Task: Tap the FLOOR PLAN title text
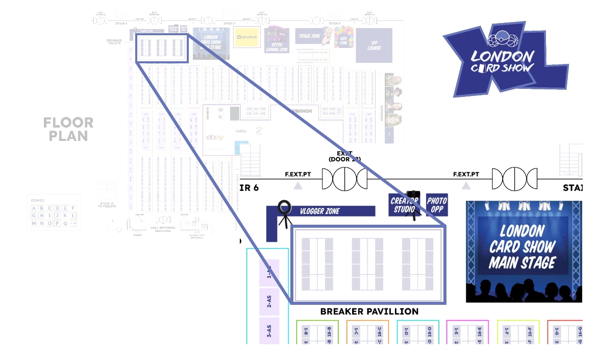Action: [x=68, y=129]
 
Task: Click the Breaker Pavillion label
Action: [x=369, y=311]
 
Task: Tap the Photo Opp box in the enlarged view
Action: [x=437, y=205]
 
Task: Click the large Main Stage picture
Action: [x=523, y=251]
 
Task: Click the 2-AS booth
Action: [x=269, y=302]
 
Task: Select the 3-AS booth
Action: [x=269, y=330]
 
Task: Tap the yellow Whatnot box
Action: [x=247, y=37]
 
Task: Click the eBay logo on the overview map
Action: [x=215, y=137]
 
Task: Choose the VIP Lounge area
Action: [x=374, y=45]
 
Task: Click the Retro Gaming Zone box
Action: [x=277, y=40]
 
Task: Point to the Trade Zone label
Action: [x=309, y=36]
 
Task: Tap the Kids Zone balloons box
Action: [x=344, y=37]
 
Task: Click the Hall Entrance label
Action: [x=163, y=228]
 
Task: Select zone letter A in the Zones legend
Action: [x=34, y=208]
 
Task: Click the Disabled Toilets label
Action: [x=114, y=42]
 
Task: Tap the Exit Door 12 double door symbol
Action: [x=344, y=179]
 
